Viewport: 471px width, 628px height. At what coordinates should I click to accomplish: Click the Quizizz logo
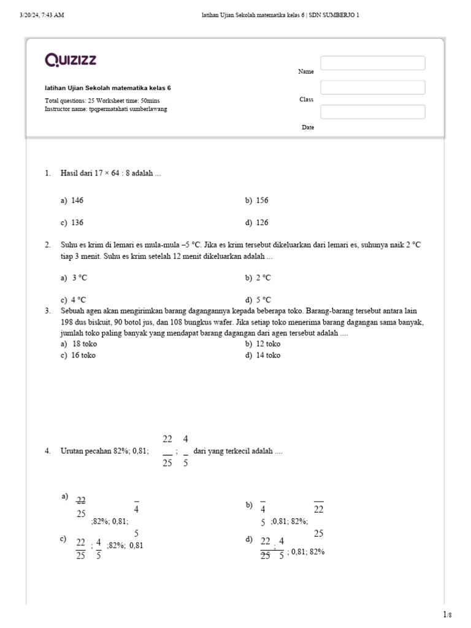pos(71,60)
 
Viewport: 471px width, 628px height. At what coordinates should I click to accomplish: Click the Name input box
pos(372,63)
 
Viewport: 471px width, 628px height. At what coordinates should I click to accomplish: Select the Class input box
pos(372,88)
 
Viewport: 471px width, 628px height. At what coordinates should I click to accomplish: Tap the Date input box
pos(372,112)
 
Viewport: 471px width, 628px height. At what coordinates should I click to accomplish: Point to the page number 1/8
pos(447,614)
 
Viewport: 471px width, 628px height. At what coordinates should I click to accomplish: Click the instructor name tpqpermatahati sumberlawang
pos(128,109)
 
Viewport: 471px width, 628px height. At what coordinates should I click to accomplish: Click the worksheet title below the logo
pos(108,88)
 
